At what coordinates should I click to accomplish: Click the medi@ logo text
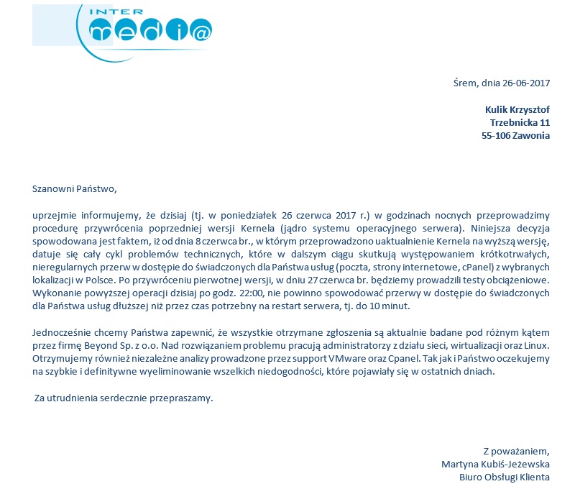tap(151, 31)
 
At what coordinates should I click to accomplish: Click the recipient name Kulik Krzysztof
tap(517, 109)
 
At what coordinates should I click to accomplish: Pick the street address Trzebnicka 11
tap(520, 122)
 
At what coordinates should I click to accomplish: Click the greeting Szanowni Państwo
tap(74, 189)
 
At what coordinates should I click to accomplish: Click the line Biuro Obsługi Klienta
tap(505, 477)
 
